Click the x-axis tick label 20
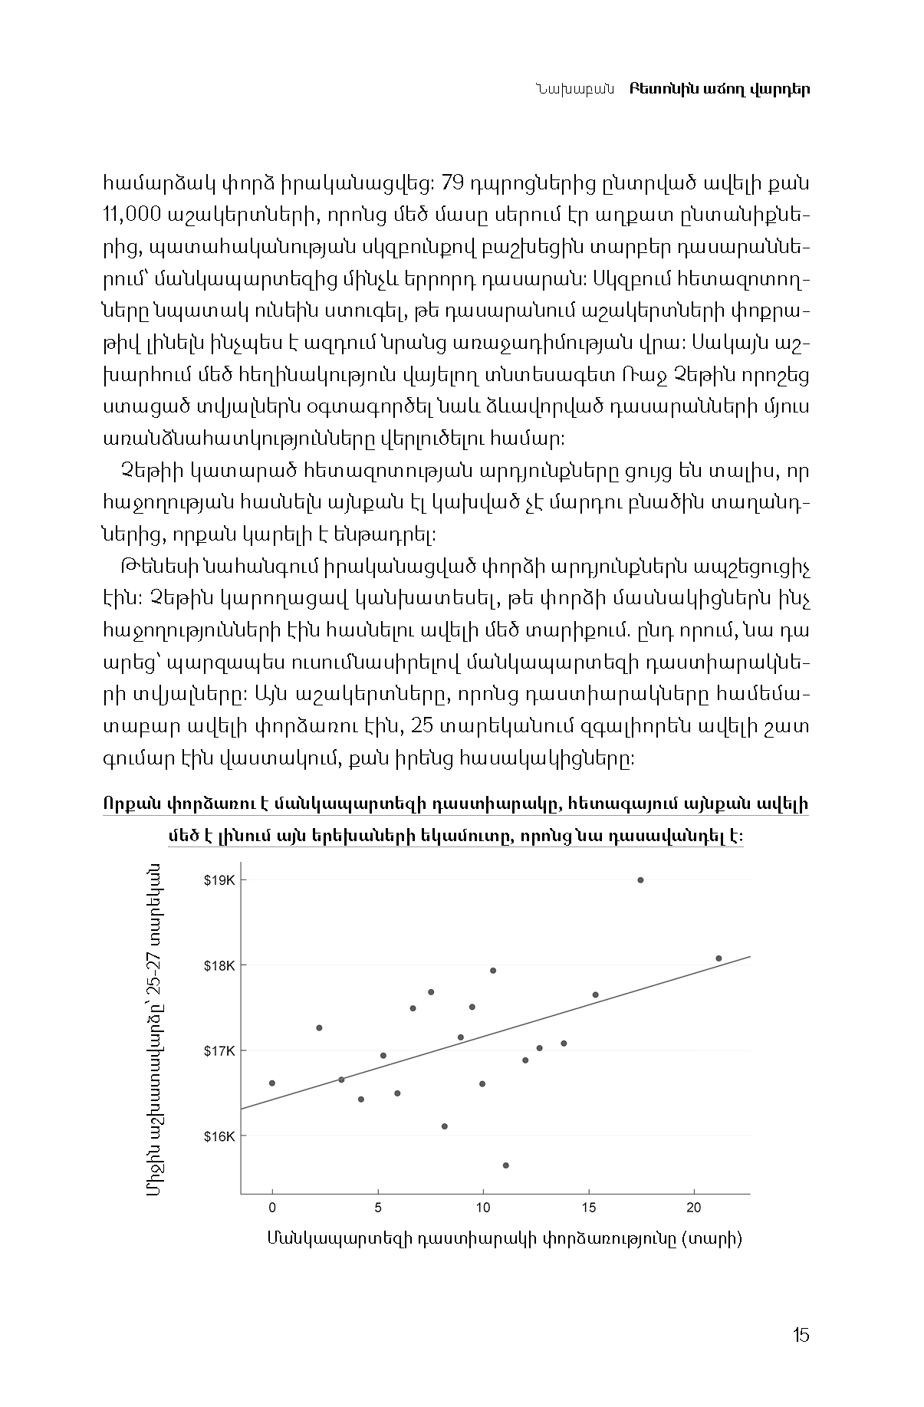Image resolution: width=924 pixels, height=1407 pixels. [x=693, y=1208]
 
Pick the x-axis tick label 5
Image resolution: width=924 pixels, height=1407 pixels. [x=377, y=1208]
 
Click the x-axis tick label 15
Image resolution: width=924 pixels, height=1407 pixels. [x=588, y=1208]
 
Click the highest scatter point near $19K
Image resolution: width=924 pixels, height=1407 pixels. [x=640, y=880]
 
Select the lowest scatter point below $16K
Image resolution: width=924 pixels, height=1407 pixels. [x=505, y=1165]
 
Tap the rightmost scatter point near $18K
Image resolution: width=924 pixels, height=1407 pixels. [x=718, y=958]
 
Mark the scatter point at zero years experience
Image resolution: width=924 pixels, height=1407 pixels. [x=272, y=1083]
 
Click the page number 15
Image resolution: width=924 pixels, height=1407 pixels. [x=801, y=1335]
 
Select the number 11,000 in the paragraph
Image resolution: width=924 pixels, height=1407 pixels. [x=131, y=215]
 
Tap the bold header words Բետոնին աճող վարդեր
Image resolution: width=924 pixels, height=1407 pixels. [x=719, y=89]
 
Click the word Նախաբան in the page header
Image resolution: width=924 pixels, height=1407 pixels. [x=574, y=89]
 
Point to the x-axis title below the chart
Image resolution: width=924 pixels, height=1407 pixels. [x=505, y=1238]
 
